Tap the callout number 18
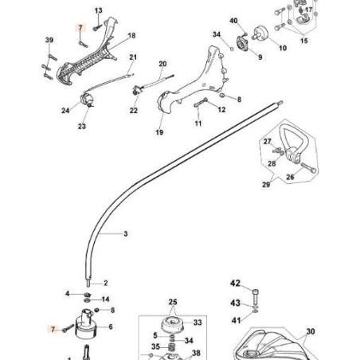click(x=131, y=36)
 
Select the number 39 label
click(x=49, y=40)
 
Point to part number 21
click(x=133, y=57)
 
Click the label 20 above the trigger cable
click(x=162, y=63)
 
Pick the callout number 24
click(x=65, y=112)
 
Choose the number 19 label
click(x=159, y=132)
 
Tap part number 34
click(x=217, y=34)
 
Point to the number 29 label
click(x=264, y=185)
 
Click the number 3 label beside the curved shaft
click(x=125, y=234)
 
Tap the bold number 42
click(x=235, y=283)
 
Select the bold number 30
click(x=310, y=331)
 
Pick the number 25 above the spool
click(x=173, y=301)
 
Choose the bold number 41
click(x=235, y=320)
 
